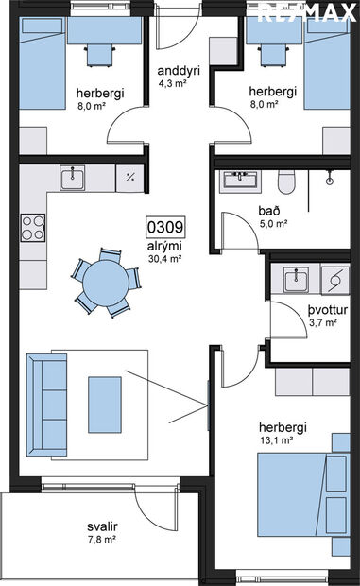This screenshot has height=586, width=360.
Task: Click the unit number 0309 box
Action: (163, 227)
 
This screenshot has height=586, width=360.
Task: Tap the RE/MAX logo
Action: (308, 13)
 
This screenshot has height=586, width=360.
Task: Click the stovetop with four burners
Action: (32, 227)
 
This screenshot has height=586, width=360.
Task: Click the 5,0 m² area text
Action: (274, 225)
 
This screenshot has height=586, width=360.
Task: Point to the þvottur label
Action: (325, 309)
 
